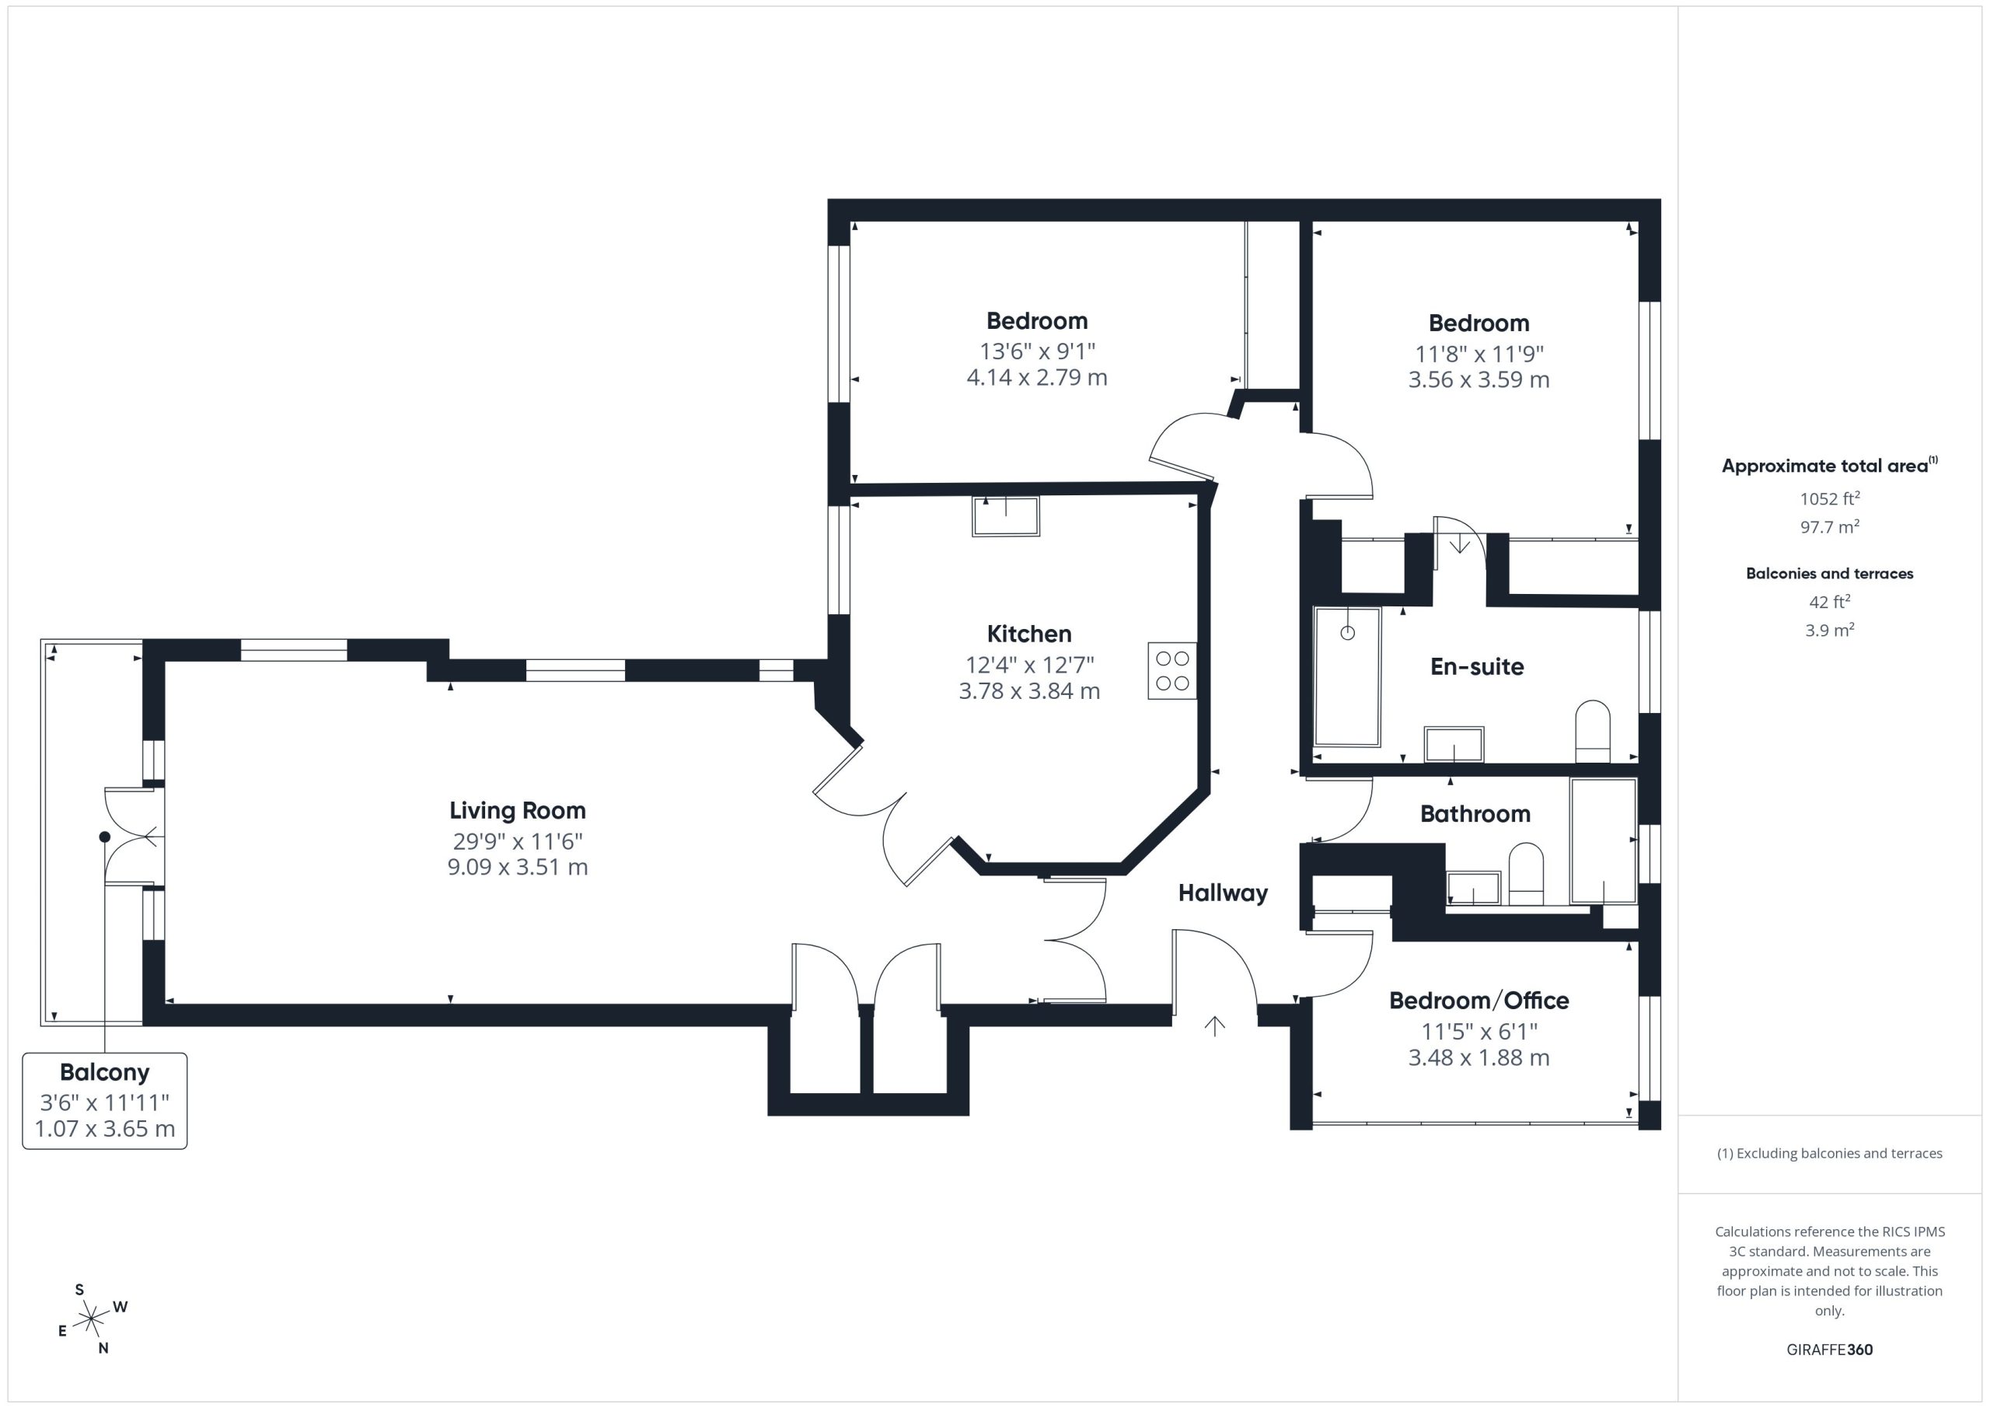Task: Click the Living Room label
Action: (518, 811)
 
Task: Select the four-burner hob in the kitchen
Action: (1171, 670)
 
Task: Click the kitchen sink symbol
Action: (1005, 517)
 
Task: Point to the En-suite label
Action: (1477, 667)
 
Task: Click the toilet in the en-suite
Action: (1592, 732)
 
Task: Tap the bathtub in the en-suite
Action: (1347, 676)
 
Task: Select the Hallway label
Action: (1223, 893)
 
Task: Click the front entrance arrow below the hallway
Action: (1214, 1025)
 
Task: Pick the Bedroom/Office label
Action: (1479, 1001)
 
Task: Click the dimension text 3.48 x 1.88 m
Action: (1479, 1057)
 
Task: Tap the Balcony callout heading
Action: (105, 1072)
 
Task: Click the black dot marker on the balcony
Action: (105, 837)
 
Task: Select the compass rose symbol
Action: (91, 1319)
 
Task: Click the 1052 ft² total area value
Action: (1830, 498)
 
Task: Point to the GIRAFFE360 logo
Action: (1830, 1350)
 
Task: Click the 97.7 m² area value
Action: (1830, 526)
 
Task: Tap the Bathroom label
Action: (1475, 814)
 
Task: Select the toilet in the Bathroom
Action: (1526, 874)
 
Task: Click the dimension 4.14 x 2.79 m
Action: (1037, 377)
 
